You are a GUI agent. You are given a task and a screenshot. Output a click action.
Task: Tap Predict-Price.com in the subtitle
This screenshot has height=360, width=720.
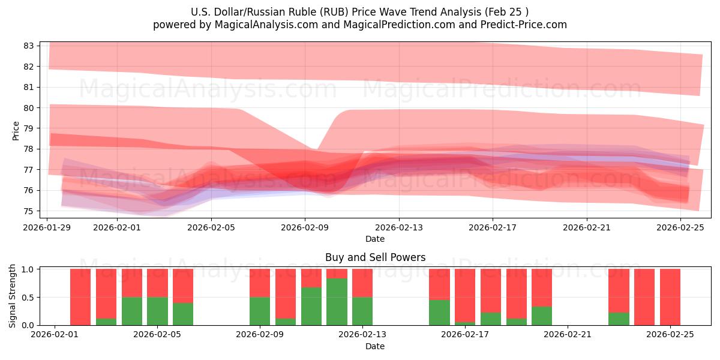[527, 25]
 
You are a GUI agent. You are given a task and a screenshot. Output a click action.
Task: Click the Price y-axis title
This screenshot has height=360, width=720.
[16, 131]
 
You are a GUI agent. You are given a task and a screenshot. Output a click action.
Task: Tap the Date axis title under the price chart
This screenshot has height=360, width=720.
[375, 239]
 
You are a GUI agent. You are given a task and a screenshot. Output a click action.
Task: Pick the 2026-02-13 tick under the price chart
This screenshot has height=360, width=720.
[398, 227]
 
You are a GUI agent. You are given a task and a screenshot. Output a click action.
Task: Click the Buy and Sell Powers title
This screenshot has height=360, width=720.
[375, 257]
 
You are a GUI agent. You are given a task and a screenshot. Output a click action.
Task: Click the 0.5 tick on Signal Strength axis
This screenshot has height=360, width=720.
[28, 297]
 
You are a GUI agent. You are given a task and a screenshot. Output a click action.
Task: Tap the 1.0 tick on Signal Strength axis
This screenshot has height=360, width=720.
[28, 269]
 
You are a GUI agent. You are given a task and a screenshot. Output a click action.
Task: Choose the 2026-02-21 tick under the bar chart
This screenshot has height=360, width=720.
[568, 335]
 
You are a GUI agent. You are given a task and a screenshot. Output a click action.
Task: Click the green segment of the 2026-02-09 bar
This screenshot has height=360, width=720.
[260, 311]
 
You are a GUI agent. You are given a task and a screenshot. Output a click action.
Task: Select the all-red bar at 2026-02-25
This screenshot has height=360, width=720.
[670, 297]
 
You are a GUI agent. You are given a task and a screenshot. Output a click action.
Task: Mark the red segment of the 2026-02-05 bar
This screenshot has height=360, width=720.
[157, 283]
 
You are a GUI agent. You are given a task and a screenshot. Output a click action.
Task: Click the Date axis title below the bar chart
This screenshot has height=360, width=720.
[375, 346]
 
